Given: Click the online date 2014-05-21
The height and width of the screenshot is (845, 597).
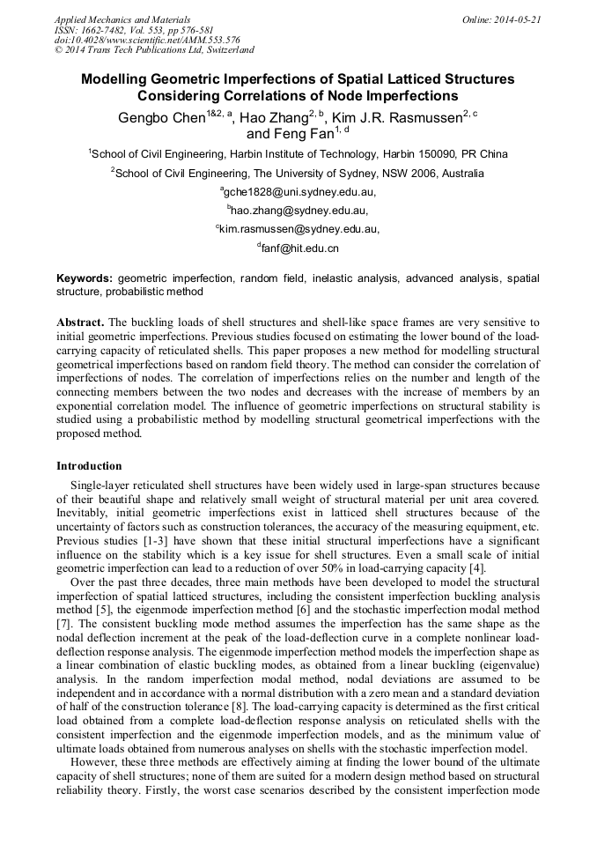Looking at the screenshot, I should point(512,19).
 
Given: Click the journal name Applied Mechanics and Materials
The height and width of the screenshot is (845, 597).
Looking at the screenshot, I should point(122,19).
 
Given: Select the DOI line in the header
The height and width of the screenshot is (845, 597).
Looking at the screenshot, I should point(147,41).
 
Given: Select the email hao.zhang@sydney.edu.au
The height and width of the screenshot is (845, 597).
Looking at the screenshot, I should point(299,211).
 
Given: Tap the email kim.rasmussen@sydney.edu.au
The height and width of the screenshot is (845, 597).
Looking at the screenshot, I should point(299,229).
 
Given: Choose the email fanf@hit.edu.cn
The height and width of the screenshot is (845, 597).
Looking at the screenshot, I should point(299,248).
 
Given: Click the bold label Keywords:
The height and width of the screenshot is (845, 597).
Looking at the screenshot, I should point(85,278).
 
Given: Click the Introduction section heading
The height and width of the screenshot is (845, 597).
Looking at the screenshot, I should point(89,465).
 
